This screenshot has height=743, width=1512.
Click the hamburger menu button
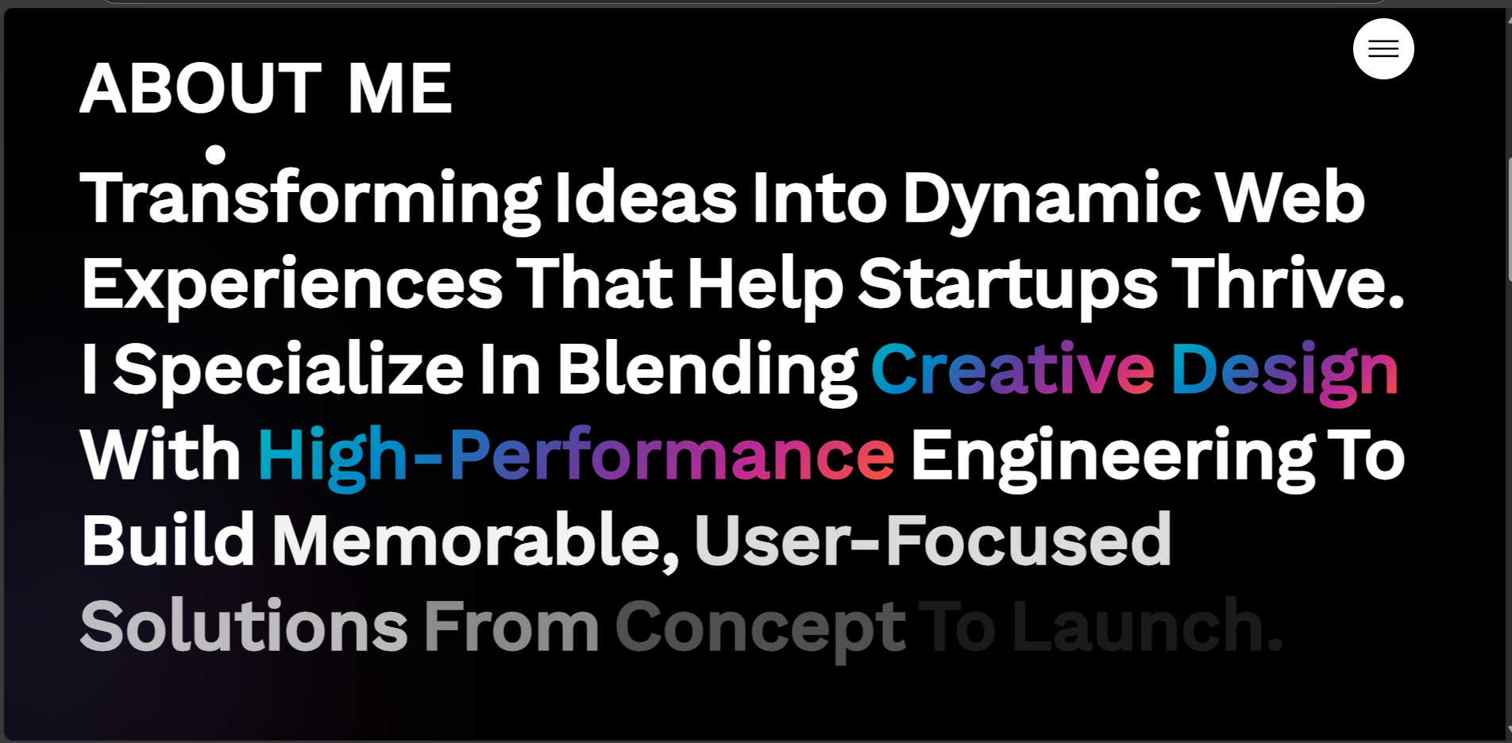pyautogui.click(x=1383, y=49)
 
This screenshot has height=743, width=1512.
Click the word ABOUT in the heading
pyautogui.click(x=201, y=88)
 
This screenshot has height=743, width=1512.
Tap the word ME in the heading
pyautogui.click(x=400, y=88)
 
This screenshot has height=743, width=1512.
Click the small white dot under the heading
pyautogui.click(x=215, y=154)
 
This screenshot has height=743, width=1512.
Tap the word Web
pyautogui.click(x=1290, y=198)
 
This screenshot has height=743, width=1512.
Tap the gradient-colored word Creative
pyautogui.click(x=1013, y=369)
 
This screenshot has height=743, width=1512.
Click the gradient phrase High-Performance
pyautogui.click(x=577, y=457)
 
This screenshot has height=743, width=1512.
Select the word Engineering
pyautogui.click(x=1113, y=457)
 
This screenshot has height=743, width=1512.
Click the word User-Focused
pyautogui.click(x=933, y=541)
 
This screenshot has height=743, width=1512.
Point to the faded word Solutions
pyautogui.click(x=245, y=626)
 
